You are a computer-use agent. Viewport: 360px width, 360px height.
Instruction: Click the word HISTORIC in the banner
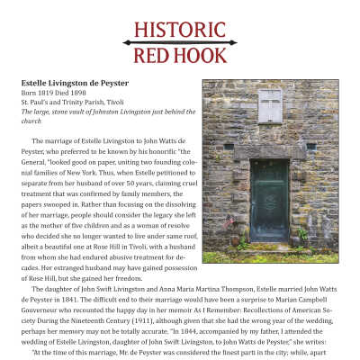179,25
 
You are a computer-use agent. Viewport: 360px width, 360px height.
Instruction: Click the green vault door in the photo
270,199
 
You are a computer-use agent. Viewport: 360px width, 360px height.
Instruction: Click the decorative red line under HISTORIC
179,41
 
